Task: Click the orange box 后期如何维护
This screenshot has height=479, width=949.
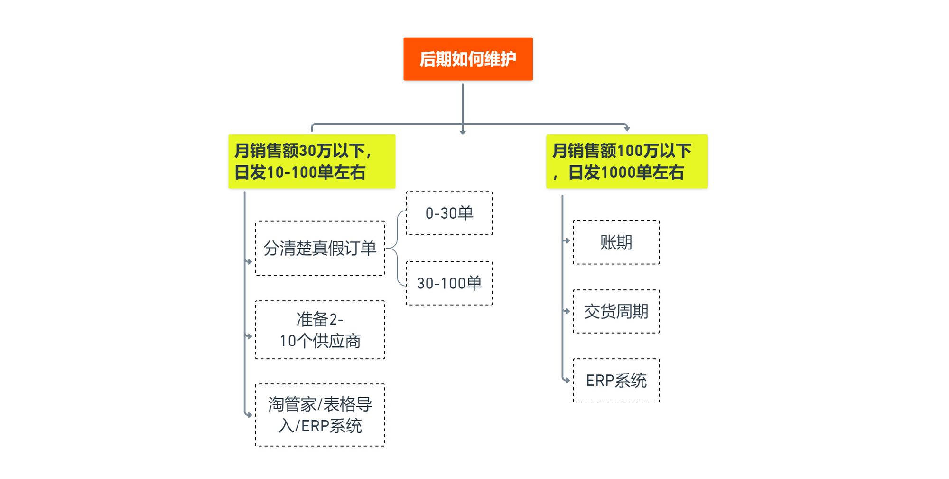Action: pos(468,59)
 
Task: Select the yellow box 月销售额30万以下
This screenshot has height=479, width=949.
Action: pos(312,162)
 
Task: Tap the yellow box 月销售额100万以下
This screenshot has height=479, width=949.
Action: pos(627,162)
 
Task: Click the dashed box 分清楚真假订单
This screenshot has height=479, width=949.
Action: pos(320,248)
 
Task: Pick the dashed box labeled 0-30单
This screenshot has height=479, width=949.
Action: pos(449,213)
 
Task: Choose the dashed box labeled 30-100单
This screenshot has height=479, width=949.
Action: pos(449,283)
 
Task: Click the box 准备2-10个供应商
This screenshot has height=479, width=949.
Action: pos(320,330)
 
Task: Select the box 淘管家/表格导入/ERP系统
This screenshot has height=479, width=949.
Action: pos(320,415)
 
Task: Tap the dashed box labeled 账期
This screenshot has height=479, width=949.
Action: pos(616,242)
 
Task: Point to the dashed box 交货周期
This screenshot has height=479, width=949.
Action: pos(616,311)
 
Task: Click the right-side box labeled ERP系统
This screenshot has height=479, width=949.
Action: pos(616,381)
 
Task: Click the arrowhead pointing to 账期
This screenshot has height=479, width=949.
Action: pos(568,240)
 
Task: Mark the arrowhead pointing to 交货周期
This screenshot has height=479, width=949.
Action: pos(568,311)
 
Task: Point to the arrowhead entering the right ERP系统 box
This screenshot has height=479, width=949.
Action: pos(568,380)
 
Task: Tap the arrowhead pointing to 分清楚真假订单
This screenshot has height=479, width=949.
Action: pos(250,262)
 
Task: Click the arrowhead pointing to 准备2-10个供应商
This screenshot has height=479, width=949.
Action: pos(250,336)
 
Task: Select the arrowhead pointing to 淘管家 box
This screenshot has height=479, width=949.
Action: pos(250,415)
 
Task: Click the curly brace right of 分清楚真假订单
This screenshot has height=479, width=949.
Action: pos(397,248)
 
